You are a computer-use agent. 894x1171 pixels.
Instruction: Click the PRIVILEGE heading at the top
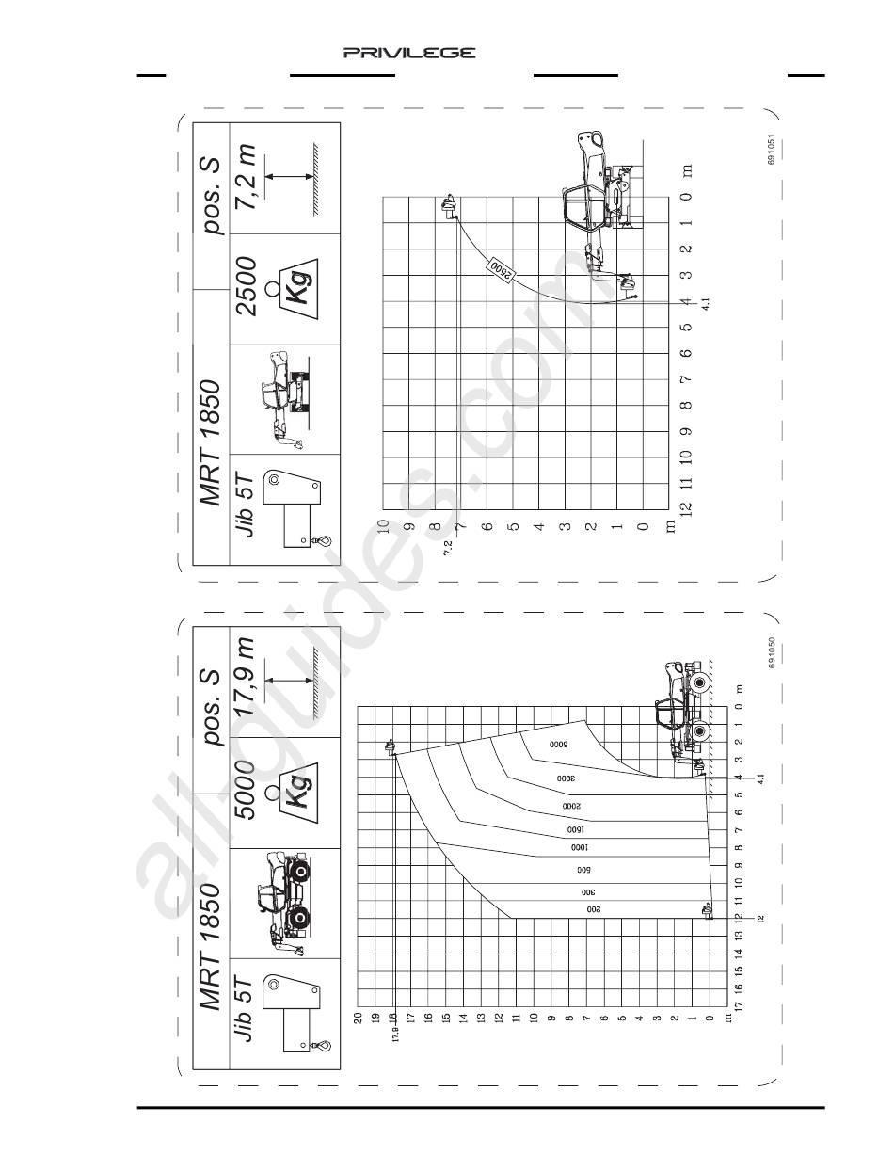coord(409,53)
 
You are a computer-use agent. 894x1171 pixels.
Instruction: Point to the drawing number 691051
coord(771,149)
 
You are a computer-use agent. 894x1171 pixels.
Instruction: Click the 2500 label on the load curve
coord(501,269)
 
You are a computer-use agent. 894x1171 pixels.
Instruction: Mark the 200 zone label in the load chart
coord(593,910)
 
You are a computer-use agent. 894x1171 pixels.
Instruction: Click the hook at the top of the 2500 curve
coord(448,205)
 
